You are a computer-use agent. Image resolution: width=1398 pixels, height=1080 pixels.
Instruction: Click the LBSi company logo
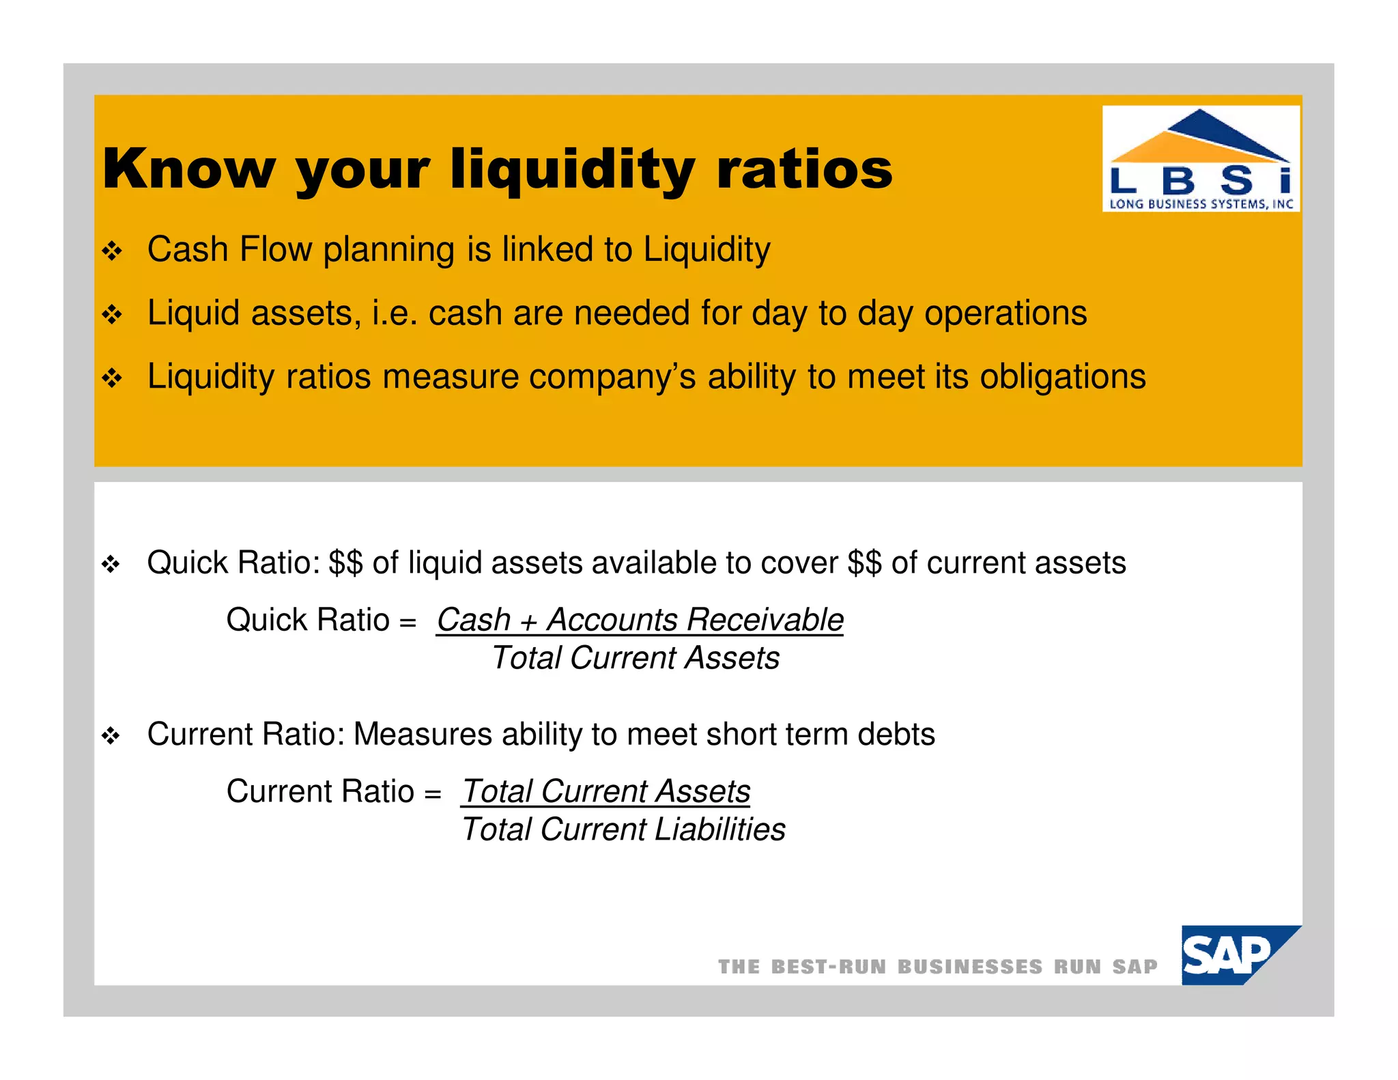click(x=1201, y=159)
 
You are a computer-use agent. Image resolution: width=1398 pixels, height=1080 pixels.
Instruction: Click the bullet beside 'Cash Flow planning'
click(x=112, y=251)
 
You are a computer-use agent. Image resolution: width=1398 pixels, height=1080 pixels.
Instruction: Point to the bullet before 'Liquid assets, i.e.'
click(x=112, y=315)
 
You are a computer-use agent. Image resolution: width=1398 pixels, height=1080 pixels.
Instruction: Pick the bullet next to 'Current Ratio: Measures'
click(x=111, y=736)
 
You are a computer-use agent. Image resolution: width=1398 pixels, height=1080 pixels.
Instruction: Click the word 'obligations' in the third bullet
click(x=1062, y=377)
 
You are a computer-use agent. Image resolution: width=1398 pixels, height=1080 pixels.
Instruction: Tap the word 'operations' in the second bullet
click(x=1005, y=313)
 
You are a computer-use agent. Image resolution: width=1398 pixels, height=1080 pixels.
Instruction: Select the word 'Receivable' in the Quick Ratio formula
click(x=765, y=620)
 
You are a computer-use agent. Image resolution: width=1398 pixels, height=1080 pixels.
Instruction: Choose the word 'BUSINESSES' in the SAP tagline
click(x=969, y=967)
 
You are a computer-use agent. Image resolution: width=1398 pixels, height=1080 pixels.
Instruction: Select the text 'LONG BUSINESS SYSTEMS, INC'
click(x=1201, y=203)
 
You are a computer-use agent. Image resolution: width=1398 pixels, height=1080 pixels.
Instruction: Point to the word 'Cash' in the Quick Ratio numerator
click(x=473, y=620)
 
